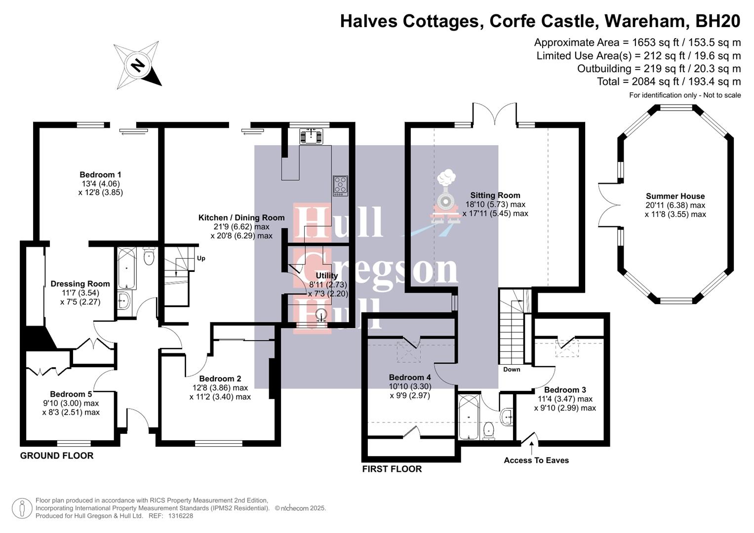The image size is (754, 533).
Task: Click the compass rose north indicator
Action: [138, 65]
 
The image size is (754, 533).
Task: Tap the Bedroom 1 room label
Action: [100, 175]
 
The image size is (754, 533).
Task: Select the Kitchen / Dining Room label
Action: [241, 218]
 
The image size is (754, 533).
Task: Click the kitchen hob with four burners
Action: [340, 186]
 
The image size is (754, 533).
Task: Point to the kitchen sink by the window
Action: [311, 135]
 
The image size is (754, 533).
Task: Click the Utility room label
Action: [327, 276]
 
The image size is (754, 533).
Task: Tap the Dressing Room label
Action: [80, 284]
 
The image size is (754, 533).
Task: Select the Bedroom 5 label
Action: [71, 394]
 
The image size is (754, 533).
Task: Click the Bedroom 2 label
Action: [220, 379]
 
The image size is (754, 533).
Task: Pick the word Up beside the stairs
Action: [201, 258]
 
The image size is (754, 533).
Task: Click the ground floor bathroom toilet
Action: [149, 256]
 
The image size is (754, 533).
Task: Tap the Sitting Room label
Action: [495, 195]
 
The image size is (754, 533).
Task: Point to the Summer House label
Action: [675, 196]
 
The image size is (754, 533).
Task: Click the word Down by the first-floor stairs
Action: [512, 369]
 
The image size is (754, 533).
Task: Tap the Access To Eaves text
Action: [536, 460]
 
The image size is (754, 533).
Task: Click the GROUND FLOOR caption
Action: [57, 456]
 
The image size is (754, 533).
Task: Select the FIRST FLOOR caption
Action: [392, 469]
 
